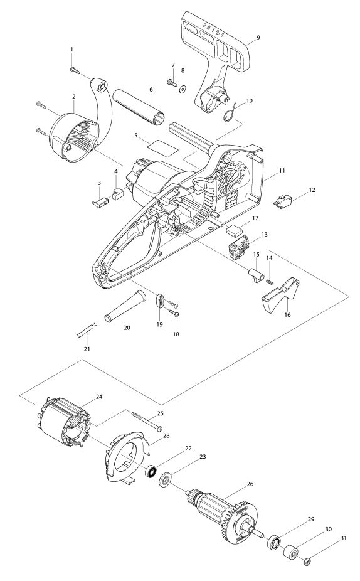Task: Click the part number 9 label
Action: coord(258,37)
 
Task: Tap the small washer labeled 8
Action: coord(183,89)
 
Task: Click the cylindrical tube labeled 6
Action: coord(139,106)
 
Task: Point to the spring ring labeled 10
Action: coord(231,111)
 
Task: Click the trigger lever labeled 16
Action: coord(280,294)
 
